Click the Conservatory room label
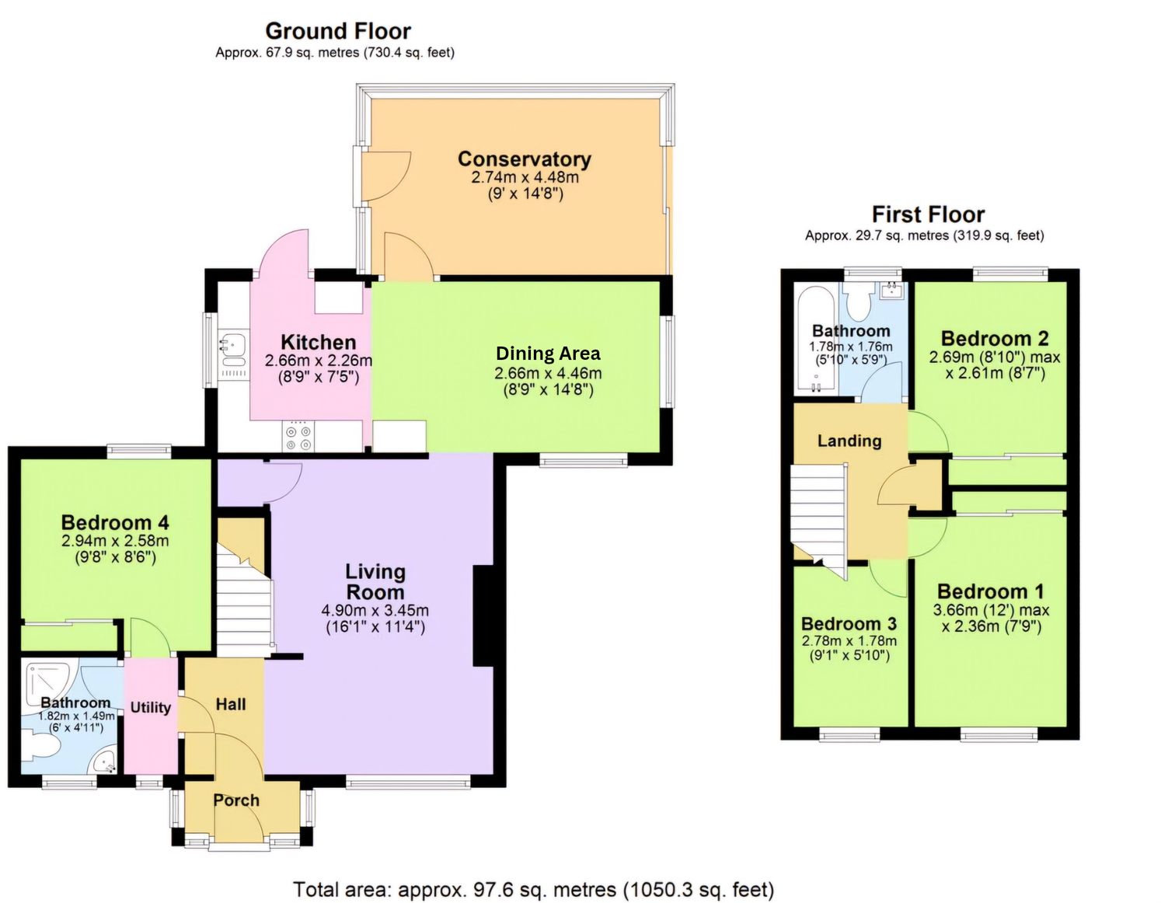524,159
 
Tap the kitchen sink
232,344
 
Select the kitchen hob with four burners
299,437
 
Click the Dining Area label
548,354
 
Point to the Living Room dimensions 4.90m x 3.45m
375,611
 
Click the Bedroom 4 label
115,522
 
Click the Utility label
150,707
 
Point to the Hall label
231,704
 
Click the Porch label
236,800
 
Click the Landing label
849,441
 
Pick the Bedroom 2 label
995,339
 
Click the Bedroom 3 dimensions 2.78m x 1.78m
849,641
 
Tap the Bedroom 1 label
991,591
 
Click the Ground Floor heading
338,31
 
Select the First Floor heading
928,214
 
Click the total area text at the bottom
533,890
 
